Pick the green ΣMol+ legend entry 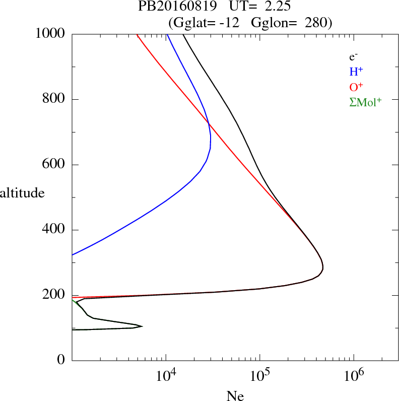tap(365, 102)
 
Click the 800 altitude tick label tap(54, 99)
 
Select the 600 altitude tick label tap(54, 165)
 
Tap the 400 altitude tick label tap(54, 230)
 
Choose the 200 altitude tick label tap(54, 296)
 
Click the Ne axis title tap(235, 395)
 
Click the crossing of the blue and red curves tap(208, 122)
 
